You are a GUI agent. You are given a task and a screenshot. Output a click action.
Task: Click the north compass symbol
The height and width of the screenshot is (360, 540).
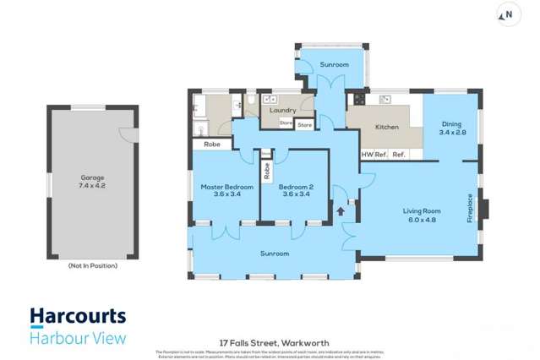pos(507,14)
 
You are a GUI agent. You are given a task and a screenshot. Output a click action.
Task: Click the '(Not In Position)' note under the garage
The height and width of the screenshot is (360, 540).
pos(92,265)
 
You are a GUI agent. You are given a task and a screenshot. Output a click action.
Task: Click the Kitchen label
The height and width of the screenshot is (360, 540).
pos(387,127)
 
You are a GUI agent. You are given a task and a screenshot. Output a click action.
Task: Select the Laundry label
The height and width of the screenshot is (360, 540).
pos(281,111)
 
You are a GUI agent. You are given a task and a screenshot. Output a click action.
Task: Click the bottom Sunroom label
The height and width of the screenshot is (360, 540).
pos(275,254)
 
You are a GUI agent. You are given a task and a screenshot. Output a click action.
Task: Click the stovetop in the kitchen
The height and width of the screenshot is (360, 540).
pos(358,98)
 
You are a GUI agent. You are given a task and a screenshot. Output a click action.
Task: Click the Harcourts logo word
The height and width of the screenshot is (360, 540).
pos(78,317)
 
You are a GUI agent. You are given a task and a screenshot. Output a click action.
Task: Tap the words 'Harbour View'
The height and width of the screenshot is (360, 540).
pos(78,338)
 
